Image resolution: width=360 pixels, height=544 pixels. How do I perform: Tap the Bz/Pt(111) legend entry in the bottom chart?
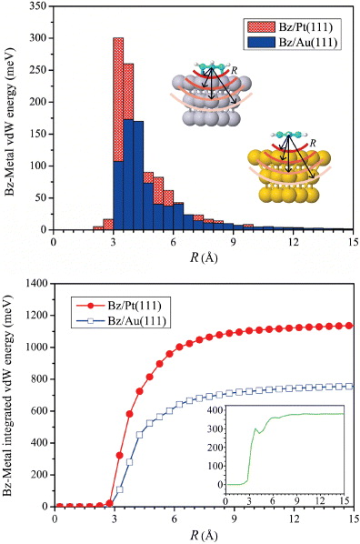pyautogui.click(x=127, y=296)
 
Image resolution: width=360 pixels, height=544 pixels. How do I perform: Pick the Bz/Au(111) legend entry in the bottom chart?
pyautogui.click(x=127, y=312)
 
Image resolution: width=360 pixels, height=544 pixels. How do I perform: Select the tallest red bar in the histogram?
pyautogui.click(x=118, y=91)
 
